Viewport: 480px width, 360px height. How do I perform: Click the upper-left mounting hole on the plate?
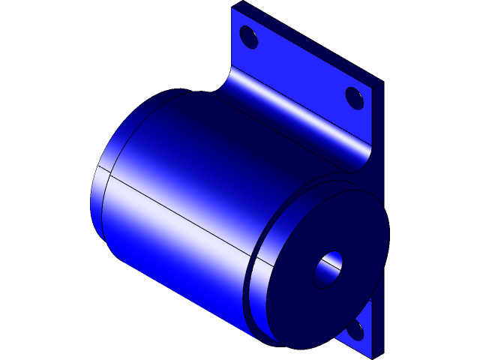coord(248,37)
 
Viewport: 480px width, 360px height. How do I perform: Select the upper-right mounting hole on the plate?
coord(355,97)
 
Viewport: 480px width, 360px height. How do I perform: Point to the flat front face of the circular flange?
coord(300,300)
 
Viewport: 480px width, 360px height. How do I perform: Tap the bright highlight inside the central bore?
coord(334,262)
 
